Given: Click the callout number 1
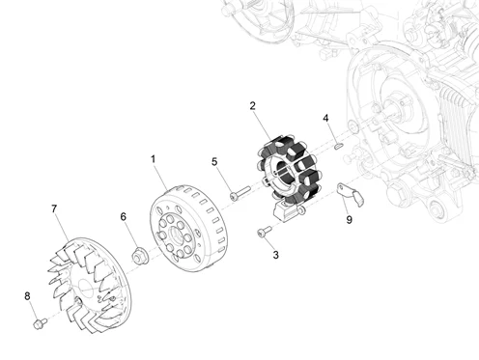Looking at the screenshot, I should click(153, 157).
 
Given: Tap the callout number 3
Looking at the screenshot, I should click(275, 255).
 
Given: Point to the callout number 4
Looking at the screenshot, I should click(326, 119).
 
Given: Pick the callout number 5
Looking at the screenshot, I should click(214, 162).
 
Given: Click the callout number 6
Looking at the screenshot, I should click(124, 217).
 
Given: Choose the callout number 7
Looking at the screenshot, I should click(54, 208).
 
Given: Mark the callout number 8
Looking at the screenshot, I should click(27, 296).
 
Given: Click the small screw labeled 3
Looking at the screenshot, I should click(262, 232).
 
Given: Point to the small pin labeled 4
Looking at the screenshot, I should click(339, 145).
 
